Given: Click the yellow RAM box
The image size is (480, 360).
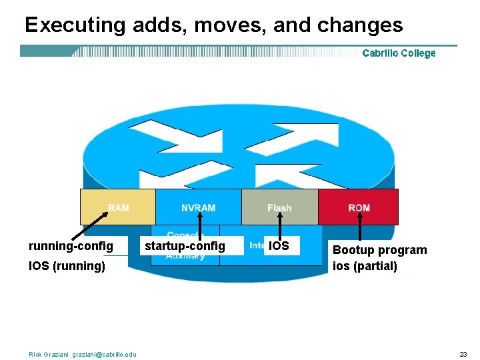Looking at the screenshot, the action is point(117,207).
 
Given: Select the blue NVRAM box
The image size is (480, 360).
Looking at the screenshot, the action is point(198,207).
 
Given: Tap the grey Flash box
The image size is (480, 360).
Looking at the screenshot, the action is point(279,207).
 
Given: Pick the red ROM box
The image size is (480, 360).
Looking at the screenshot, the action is point(358,207).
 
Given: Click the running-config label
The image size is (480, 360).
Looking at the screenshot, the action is point(71,246).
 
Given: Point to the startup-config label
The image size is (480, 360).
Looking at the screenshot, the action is point(185,246).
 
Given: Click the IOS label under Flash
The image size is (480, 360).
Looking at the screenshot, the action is point(279,246).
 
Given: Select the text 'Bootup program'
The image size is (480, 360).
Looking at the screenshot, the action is point(379,250).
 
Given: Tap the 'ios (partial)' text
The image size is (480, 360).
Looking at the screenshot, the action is point(365,266).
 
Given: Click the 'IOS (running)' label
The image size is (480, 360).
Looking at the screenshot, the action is point(67,266).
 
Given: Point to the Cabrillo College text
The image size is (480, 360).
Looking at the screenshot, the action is point(399,53).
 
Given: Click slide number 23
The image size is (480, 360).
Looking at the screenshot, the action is point(463,354).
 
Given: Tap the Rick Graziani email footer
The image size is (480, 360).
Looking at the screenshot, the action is point(83,354).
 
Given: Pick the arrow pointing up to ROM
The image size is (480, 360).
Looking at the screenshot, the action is point(359,227).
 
